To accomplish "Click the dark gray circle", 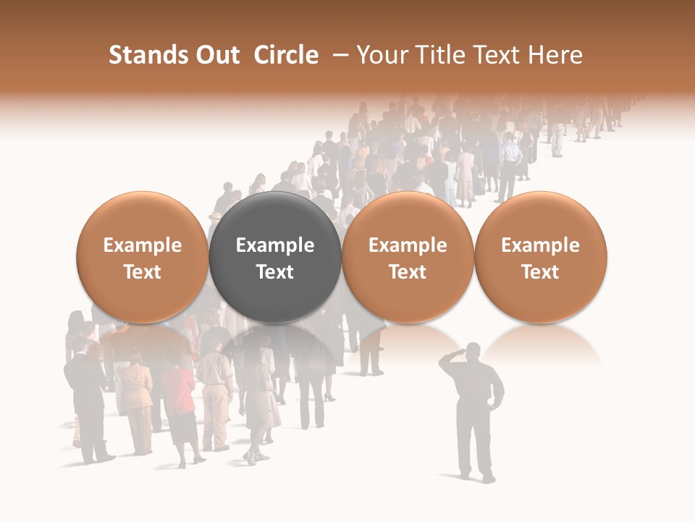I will click(275, 258).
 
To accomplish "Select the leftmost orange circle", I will click(143, 258).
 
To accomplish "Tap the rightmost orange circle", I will click(540, 258).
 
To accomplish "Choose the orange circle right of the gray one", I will click(408, 258).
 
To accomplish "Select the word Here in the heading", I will click(557, 55).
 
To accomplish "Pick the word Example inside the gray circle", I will click(275, 245).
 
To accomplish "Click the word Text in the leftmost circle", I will click(143, 272).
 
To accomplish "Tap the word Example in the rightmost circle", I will click(540, 245).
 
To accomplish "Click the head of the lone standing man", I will click(471, 352).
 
